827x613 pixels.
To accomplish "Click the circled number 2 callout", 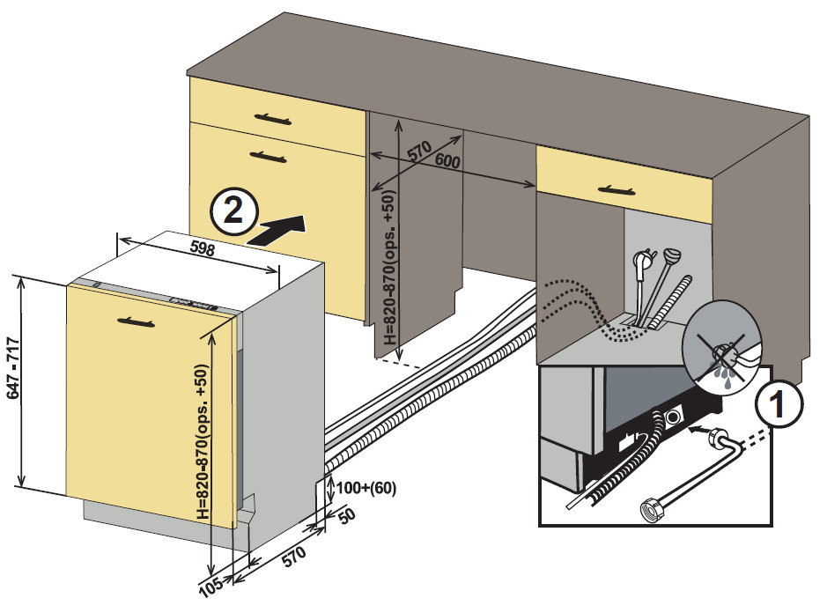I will (233, 211).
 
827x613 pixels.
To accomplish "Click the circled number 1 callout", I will (778, 406).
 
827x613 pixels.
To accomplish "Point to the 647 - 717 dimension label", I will (14, 382).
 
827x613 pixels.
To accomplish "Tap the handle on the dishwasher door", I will (141, 320).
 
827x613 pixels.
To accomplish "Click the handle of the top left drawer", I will (273, 117).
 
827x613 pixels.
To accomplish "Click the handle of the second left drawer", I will (269, 156).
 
